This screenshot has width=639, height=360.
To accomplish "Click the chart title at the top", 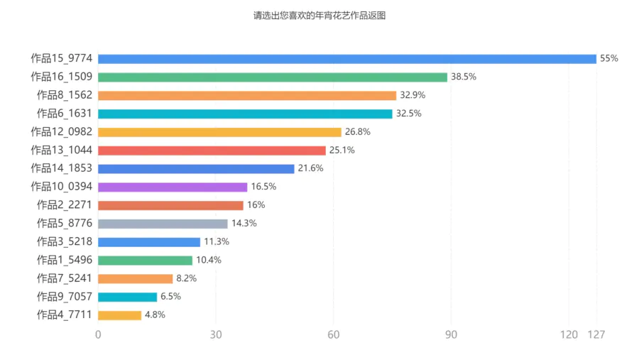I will [x=319, y=15].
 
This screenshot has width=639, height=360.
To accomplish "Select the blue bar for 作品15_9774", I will [x=346, y=59].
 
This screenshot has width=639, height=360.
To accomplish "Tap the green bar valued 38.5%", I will [x=272, y=77].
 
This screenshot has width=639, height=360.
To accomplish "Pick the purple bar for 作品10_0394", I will [x=173, y=187].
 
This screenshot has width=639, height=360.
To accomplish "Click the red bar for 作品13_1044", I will [x=212, y=151].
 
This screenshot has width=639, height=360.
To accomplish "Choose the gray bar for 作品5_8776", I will [x=163, y=224].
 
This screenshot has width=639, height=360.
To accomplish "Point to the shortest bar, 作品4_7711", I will [x=119, y=315].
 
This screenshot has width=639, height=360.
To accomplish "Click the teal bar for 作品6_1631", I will [x=245, y=114].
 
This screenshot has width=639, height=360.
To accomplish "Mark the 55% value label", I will [x=609, y=59].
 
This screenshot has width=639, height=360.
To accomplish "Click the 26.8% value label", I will [x=358, y=132].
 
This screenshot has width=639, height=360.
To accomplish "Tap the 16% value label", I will [x=256, y=205].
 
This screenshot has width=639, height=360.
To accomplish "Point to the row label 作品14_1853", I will [x=61, y=168].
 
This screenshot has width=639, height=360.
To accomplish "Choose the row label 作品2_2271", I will [x=64, y=205].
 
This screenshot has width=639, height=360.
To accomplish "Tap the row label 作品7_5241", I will [x=64, y=278].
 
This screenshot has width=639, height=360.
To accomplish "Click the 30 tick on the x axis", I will [x=216, y=334].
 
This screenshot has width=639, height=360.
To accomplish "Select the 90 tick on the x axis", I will [x=451, y=334].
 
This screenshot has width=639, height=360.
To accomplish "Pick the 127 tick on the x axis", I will [x=596, y=334].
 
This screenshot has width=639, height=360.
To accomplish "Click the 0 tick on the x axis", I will [x=98, y=334].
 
